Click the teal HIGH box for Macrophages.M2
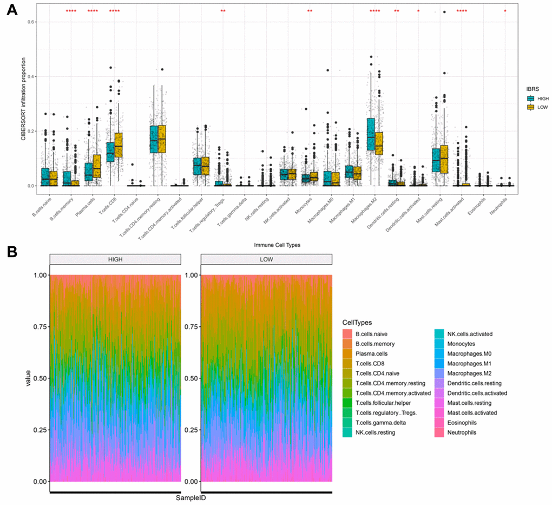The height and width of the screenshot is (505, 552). [x=370, y=134]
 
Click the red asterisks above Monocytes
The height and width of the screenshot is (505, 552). [x=310, y=11]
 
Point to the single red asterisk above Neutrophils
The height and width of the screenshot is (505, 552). [x=505, y=11]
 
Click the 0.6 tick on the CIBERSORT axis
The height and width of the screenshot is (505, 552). [x=32, y=22]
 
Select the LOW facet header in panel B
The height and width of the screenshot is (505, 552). [x=266, y=260]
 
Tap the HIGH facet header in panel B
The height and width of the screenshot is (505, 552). [x=115, y=260]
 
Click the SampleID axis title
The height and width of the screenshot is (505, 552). [x=190, y=497]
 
